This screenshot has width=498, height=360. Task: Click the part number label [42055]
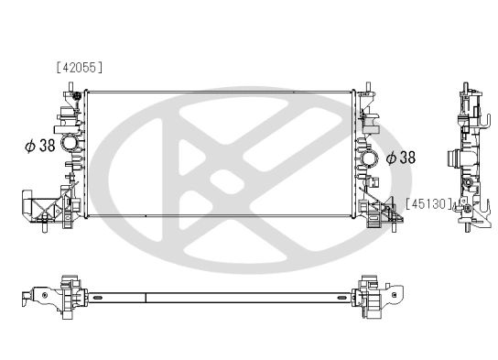79,67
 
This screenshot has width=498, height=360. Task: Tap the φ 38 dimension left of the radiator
41,146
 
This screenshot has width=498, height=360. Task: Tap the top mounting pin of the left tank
69,87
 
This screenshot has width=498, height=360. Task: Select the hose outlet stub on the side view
450,157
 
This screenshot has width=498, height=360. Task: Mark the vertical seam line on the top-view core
146,297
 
